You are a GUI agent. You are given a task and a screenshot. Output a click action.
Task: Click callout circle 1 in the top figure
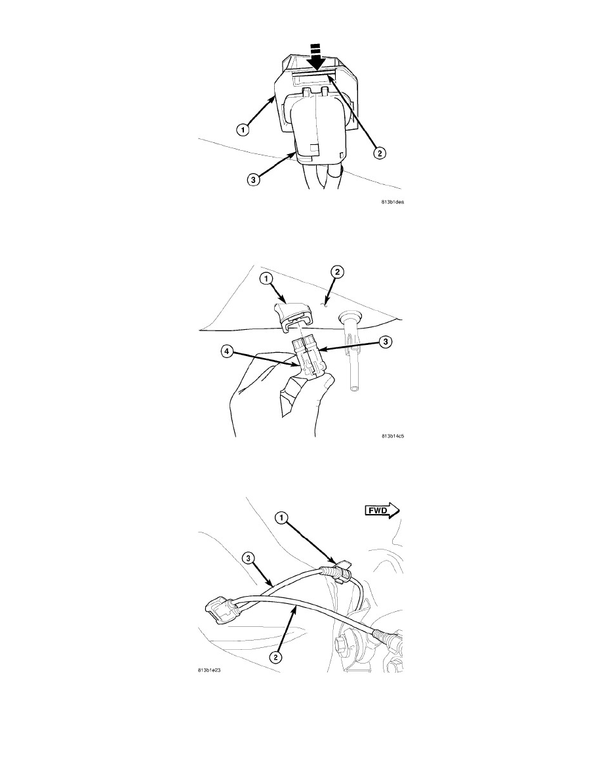[x=242, y=130]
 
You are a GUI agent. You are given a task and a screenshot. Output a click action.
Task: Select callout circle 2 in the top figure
[x=379, y=153]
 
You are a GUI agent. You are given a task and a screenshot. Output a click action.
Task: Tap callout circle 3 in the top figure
[x=253, y=180]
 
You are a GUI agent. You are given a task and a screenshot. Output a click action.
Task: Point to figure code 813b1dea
[x=392, y=202]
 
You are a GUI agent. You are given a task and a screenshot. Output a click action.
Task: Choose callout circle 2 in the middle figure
[x=338, y=271]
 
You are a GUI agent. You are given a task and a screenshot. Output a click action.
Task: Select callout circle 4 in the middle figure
[x=226, y=351]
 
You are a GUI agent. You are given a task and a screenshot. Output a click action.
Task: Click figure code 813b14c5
[x=392, y=436]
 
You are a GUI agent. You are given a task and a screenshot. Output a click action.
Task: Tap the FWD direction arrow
[x=382, y=510]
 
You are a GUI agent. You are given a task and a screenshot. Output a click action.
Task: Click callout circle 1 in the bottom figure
[x=281, y=518]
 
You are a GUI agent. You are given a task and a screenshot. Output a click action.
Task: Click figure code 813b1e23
[x=209, y=669]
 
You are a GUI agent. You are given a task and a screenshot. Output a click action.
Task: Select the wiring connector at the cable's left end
[x=219, y=609]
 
